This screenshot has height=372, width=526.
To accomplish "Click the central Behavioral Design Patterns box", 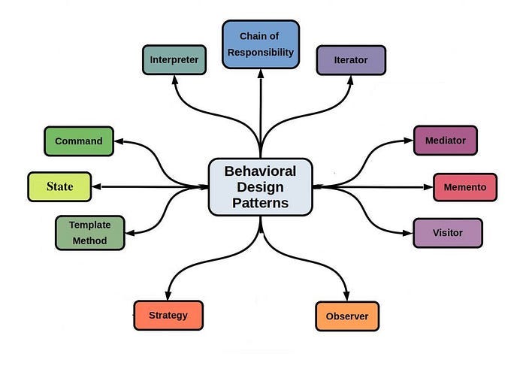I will click(x=260, y=186).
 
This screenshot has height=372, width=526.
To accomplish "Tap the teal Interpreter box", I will click(x=174, y=60).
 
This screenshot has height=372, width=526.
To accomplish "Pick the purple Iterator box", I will click(x=351, y=60).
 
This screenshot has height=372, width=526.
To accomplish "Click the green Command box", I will click(x=79, y=141).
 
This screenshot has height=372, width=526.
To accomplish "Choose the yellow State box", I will click(x=59, y=186).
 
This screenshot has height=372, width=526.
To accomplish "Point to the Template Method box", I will click(x=89, y=232).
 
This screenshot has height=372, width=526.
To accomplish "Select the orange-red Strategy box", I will click(x=168, y=315).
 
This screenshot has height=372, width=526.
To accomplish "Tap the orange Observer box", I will click(x=347, y=316).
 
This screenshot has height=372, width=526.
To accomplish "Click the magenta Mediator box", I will click(x=445, y=141).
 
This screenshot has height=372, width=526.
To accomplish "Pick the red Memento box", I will click(x=465, y=187).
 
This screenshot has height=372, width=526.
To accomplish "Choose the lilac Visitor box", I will click(x=447, y=233).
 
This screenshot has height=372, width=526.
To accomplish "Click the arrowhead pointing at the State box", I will click(x=97, y=186).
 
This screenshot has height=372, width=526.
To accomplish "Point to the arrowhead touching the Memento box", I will click(x=428, y=187).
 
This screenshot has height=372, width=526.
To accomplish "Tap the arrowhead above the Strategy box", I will click(x=168, y=295).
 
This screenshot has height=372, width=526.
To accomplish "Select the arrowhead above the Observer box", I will click(x=347, y=296).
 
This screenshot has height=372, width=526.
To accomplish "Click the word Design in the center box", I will click(x=260, y=186).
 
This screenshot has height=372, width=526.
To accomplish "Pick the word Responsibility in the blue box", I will click(x=260, y=53).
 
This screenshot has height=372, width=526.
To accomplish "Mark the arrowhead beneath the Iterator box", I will click(x=350, y=80).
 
